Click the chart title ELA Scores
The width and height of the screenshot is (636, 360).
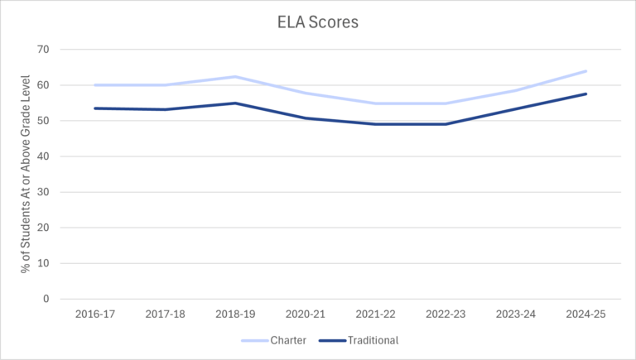pos(318,22)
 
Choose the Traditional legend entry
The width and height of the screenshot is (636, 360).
pos(373,340)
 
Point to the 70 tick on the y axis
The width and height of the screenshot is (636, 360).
pos(43,50)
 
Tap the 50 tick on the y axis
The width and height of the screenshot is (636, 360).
pos(43,121)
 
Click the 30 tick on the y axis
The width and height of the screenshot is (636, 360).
pos(43,192)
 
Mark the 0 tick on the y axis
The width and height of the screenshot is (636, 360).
pos(46,299)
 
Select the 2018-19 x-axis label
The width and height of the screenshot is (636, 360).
pos(236,315)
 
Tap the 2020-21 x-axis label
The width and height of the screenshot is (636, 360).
pos(306,315)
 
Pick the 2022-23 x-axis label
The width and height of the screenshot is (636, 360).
pos(446,315)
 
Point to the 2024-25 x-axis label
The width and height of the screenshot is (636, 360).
pos(585,315)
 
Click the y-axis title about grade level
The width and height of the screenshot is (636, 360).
pos(26,175)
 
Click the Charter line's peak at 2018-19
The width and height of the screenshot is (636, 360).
pos(236,77)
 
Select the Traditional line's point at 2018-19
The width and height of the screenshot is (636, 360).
pos(236,103)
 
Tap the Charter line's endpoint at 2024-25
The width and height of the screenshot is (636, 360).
pos(585,71)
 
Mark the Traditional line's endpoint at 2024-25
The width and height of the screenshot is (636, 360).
pos(585,94)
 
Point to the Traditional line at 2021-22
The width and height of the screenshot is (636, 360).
pos(376,124)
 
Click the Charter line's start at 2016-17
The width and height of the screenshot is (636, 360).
pos(96,85)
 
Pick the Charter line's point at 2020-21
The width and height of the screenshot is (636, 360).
pos(306,94)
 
